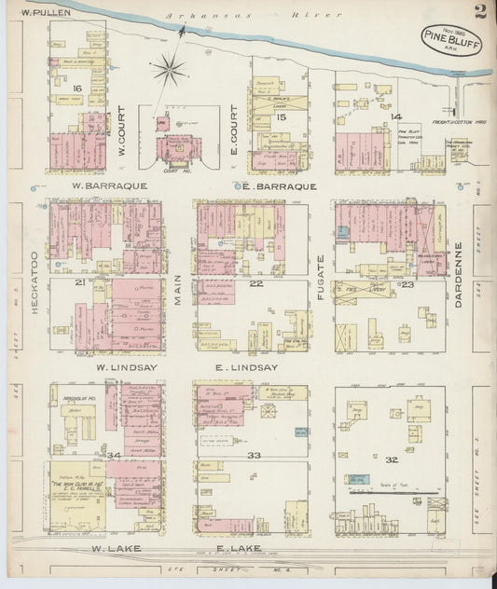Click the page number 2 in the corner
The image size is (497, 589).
coord(478,12)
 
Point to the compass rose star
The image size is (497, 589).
coord(169,66)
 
